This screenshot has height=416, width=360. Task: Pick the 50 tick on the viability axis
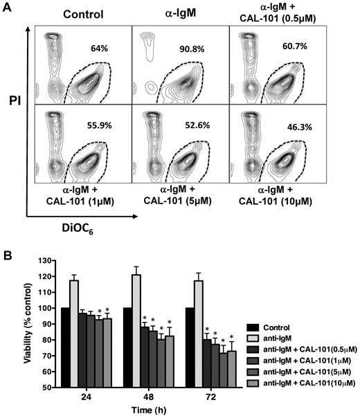point(46,388)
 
